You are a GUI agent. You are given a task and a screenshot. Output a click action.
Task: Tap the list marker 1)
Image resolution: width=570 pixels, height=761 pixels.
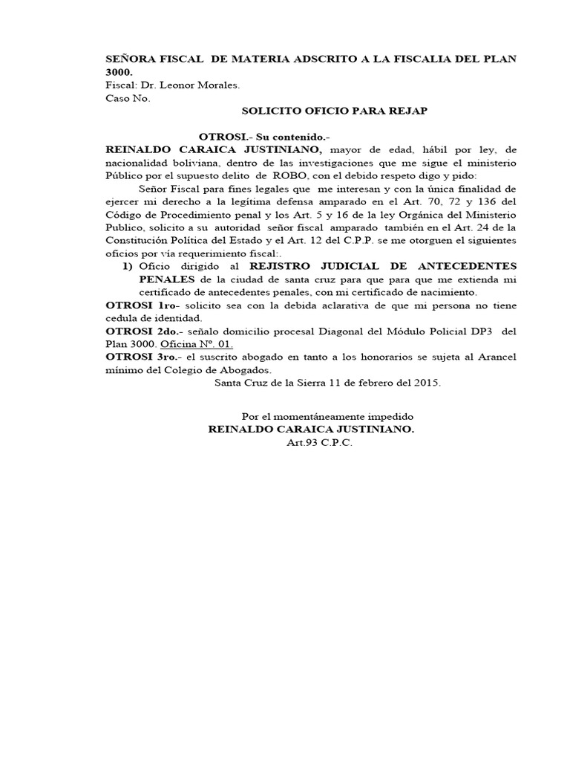[126, 265]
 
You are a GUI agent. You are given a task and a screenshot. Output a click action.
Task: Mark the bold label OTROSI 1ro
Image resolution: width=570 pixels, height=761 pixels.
[141, 306]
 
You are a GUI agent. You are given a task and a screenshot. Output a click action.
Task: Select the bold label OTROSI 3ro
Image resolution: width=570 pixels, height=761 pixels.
[142, 357]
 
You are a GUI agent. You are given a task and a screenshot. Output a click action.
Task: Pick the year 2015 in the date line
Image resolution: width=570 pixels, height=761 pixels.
[428, 383]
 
